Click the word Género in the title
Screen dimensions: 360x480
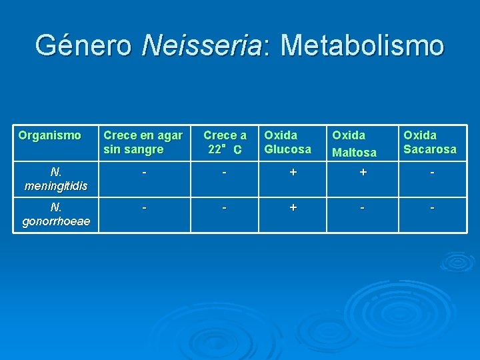tap(83, 46)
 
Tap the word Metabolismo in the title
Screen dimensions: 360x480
tap(362, 46)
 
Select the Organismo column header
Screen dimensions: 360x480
tap(50, 135)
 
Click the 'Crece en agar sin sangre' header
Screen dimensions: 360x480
tap(143, 142)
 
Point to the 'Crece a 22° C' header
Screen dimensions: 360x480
tap(225, 142)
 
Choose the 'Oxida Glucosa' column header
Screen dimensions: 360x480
tap(287, 142)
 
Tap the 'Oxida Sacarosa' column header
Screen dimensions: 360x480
tap(430, 142)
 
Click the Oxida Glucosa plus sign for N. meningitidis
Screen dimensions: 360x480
tap(292, 172)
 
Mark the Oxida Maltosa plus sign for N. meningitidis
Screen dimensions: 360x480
tap(362, 172)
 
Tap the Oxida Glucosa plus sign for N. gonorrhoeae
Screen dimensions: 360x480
tap(292, 207)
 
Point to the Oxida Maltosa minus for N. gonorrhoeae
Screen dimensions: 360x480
tap(362, 207)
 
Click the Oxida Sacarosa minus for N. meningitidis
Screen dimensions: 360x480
tap(432, 172)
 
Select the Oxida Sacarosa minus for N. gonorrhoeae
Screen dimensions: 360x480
tap(432, 207)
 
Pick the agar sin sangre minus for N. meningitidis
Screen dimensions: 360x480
tap(144, 172)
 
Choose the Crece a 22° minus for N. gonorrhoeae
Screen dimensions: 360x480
tap(225, 207)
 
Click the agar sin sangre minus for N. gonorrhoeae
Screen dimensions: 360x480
tap(144, 207)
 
